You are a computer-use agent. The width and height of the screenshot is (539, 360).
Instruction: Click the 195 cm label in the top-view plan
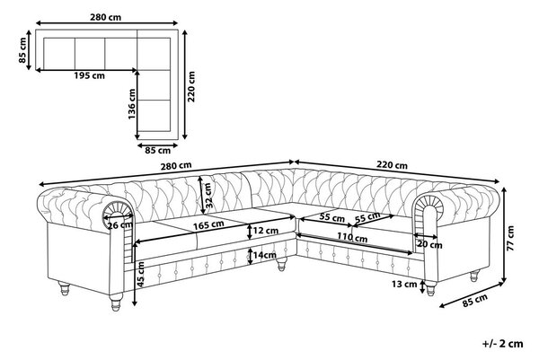pyautogui.click(x=89, y=75)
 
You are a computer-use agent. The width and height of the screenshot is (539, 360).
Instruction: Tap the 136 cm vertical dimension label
pyautogui.click(x=132, y=104)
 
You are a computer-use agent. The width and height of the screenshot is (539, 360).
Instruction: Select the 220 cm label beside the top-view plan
pyautogui.click(x=191, y=86)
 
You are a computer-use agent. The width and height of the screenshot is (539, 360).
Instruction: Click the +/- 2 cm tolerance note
pyautogui.click(x=502, y=344)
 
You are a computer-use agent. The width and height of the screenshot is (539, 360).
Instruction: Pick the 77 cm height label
pyautogui.click(x=510, y=238)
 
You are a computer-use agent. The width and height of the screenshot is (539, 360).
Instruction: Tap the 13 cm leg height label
pyautogui.click(x=404, y=284)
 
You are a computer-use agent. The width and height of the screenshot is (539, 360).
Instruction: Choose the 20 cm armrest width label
pyautogui.click(x=429, y=244)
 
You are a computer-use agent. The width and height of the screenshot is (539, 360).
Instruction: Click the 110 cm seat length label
pyautogui.click(x=352, y=237)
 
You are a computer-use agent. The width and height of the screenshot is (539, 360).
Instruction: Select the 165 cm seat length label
pyautogui.click(x=208, y=225)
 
